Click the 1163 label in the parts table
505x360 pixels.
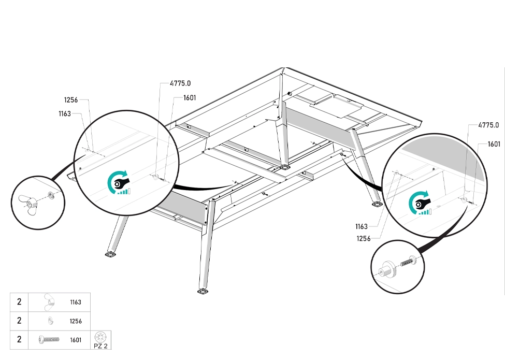[x=76, y=302]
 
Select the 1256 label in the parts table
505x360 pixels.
[x=76, y=321]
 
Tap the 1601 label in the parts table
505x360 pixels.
[x=76, y=340]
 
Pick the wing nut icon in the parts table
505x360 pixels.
[x=49, y=302]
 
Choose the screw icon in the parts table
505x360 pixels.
[x=49, y=339]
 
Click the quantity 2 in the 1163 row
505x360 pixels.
[x=19, y=301]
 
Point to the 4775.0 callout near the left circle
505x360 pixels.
[x=180, y=83]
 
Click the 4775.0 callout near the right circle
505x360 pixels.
[x=488, y=125]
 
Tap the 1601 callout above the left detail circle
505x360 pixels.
[x=190, y=98]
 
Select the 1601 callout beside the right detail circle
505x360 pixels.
[x=494, y=144]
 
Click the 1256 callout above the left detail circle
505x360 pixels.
[x=71, y=100]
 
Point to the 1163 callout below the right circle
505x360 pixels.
[x=362, y=227]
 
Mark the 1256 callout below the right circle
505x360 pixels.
[x=364, y=239]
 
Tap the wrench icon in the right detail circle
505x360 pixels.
[x=421, y=203]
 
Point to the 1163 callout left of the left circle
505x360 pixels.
[x=65, y=114]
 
